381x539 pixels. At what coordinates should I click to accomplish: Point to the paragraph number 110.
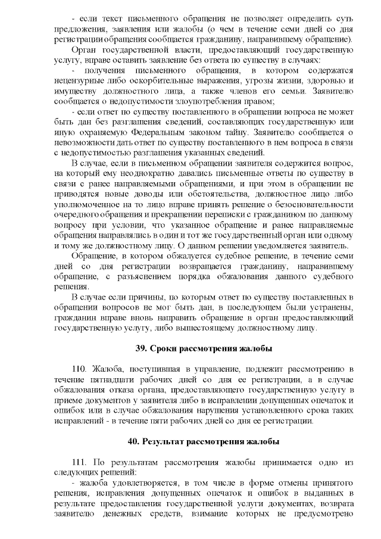(x=79, y=369)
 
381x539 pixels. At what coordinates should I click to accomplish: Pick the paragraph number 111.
(x=79, y=463)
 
